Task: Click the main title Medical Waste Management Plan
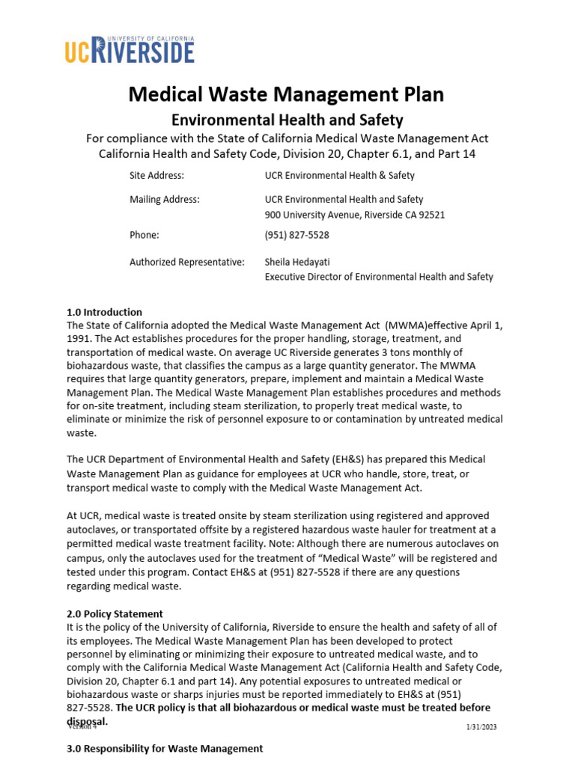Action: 287,94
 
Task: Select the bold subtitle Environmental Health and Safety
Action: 287,120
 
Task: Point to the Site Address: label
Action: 156,175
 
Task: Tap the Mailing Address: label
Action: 164,199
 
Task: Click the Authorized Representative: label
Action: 186,262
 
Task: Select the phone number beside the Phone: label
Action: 296,235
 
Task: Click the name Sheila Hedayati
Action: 297,262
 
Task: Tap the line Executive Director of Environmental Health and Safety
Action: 379,277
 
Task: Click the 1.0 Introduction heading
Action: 104,312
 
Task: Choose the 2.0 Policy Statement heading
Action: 115,613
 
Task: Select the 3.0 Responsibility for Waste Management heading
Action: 165,748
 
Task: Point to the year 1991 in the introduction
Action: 79,338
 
